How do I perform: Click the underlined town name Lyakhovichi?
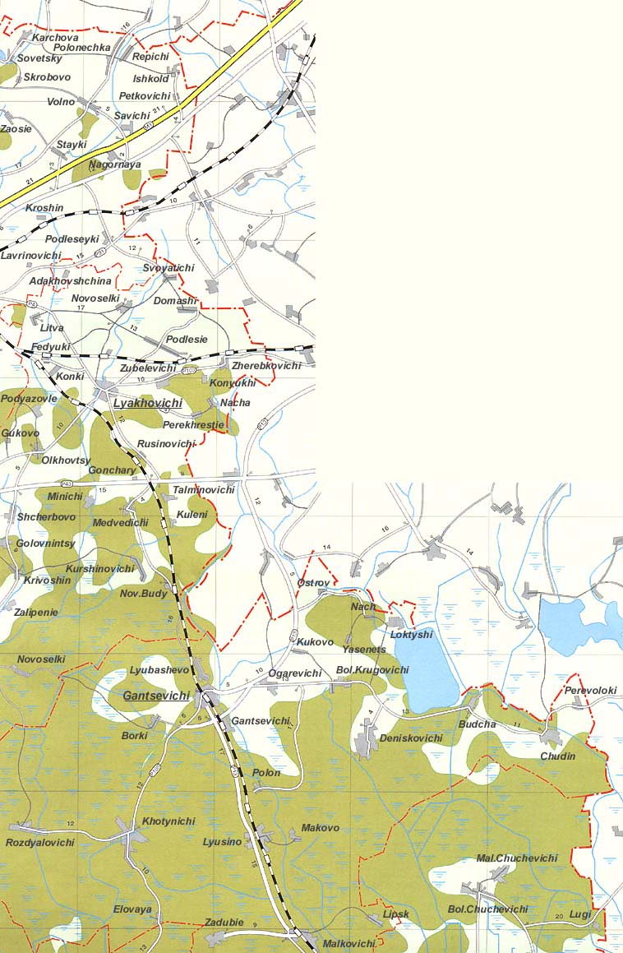(148, 403)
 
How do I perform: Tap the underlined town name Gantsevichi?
(156, 696)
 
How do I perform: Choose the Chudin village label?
(558, 756)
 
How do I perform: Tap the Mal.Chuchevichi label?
(517, 858)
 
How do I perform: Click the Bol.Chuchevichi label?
(487, 909)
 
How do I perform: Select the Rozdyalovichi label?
(40, 843)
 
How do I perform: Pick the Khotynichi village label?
(168, 821)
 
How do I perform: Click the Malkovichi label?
(349, 944)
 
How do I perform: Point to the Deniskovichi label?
(411, 738)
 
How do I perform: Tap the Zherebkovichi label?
(266, 365)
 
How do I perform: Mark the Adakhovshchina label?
(70, 281)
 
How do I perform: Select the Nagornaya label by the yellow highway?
(115, 164)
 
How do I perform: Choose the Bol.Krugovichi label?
(372, 670)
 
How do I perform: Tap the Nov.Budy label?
(144, 594)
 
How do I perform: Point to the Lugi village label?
(580, 914)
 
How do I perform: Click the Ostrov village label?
(313, 583)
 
